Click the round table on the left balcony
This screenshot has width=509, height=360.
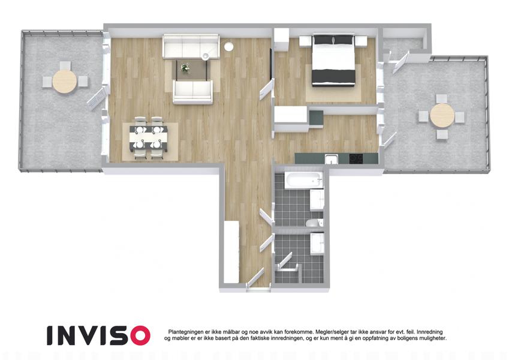tap(65, 81)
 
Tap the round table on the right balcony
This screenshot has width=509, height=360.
tap(442, 116)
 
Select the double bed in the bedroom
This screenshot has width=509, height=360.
tap(333, 59)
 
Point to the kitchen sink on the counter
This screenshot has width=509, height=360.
tap(331, 159)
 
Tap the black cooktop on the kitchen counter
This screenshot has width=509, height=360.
tap(356, 158)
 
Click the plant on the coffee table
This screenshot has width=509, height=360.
tap(185, 68)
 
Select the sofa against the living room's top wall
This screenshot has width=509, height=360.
tap(191, 46)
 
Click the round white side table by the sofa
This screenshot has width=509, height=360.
tap(228, 46)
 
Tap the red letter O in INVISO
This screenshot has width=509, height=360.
tap(138, 335)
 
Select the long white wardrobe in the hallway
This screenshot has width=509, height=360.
tap(231, 251)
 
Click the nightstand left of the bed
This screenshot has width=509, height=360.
tap(305, 41)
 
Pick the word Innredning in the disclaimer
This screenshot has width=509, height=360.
tap(430, 332)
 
